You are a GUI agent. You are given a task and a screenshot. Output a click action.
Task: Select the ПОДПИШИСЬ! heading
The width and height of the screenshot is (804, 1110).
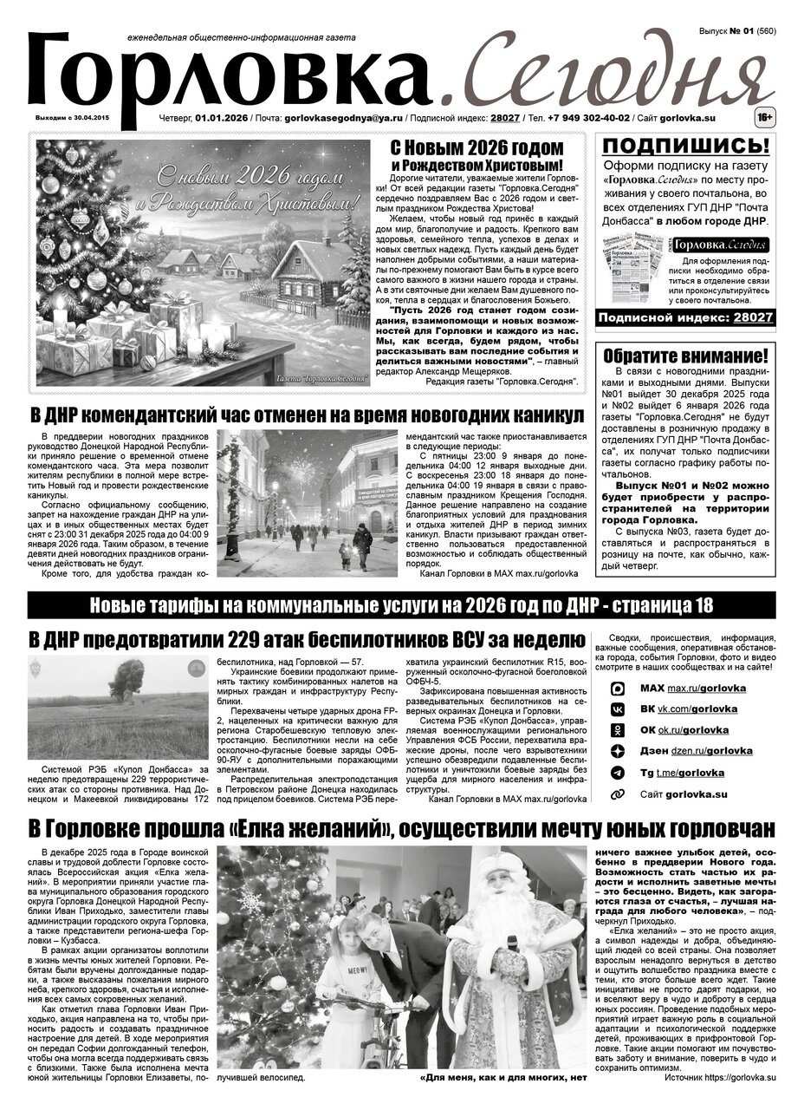click(684, 146)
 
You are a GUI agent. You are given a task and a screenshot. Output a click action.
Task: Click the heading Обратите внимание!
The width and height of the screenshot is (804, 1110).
click(684, 356)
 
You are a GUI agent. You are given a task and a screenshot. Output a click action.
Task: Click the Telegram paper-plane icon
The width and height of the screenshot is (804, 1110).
click(618, 773)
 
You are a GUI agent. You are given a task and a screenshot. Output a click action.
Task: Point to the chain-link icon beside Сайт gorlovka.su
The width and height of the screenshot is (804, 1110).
click(618, 793)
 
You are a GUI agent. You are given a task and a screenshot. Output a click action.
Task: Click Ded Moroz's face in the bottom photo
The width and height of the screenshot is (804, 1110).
click(505, 882)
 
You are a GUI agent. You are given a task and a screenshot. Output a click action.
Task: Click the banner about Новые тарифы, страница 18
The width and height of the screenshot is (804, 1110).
click(401, 605)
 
